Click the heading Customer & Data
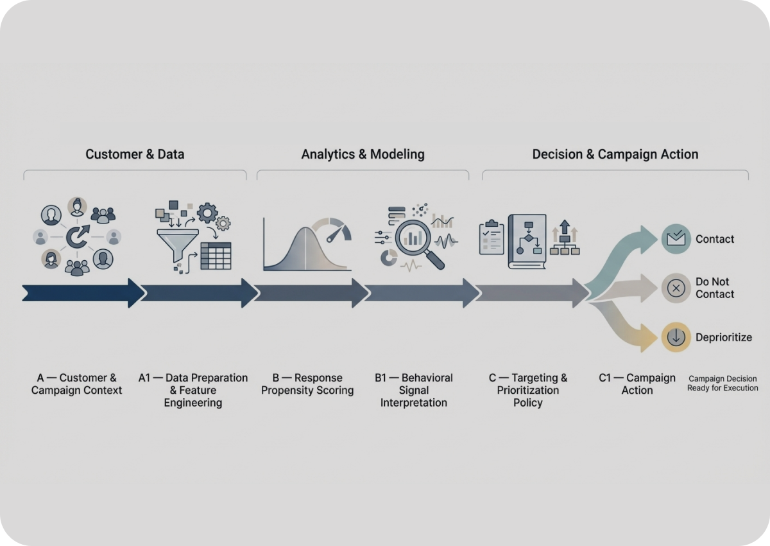coord(135,154)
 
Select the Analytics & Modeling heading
coord(363,154)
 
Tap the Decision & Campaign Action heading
coord(615,154)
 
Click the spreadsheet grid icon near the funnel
coord(216,256)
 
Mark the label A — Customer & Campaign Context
coord(76,383)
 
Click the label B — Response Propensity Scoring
coord(307,383)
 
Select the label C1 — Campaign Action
coord(637,383)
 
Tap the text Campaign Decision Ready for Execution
coord(723,383)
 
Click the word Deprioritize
coord(723,337)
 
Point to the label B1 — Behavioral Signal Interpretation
coord(414,390)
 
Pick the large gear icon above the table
coord(207,213)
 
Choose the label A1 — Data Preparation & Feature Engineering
coord(193,390)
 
